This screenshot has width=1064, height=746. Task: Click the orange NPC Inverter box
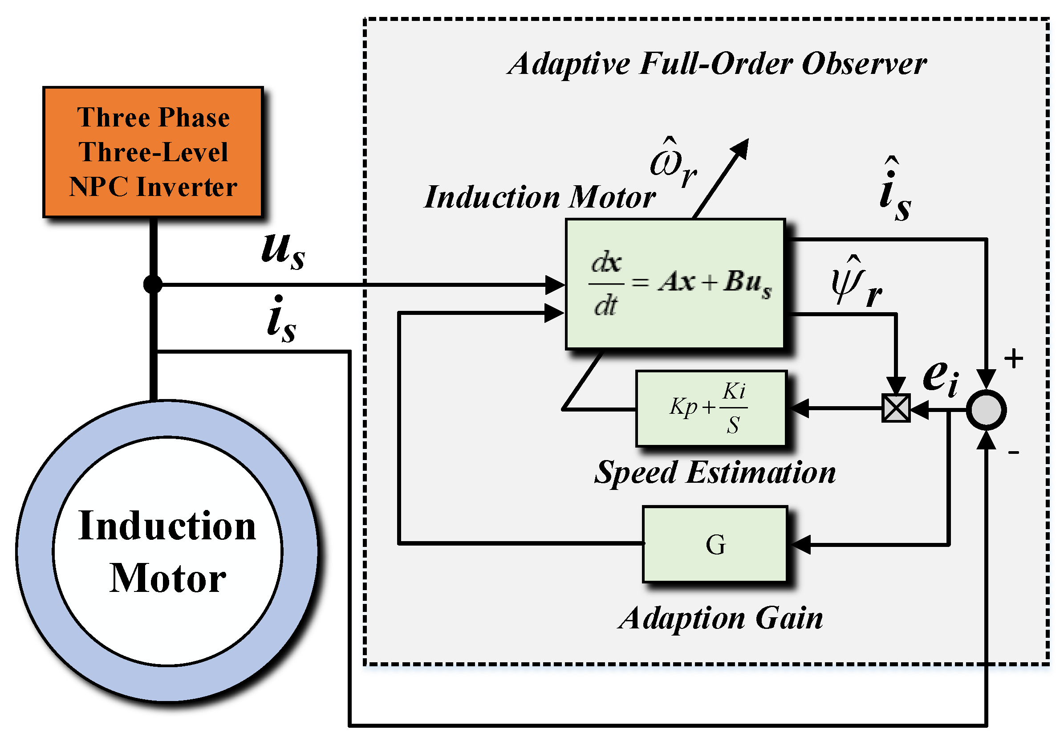tap(153, 152)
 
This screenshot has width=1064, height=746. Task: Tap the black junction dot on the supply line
tap(153, 284)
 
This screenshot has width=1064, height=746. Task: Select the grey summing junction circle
tap(986, 410)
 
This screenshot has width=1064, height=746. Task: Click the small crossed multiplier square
tap(896, 408)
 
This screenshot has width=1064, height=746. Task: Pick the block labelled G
tap(715, 544)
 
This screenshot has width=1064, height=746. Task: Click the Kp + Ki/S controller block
tap(711, 408)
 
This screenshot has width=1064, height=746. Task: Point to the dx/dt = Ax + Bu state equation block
tap(675, 283)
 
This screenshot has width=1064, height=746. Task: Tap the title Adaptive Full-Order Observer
tap(717, 64)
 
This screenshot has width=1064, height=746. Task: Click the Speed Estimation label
tap(715, 473)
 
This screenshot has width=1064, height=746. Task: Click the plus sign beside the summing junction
tap(1014, 358)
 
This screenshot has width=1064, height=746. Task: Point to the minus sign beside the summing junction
tap(1014, 452)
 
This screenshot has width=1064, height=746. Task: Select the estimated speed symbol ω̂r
tap(673, 164)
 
